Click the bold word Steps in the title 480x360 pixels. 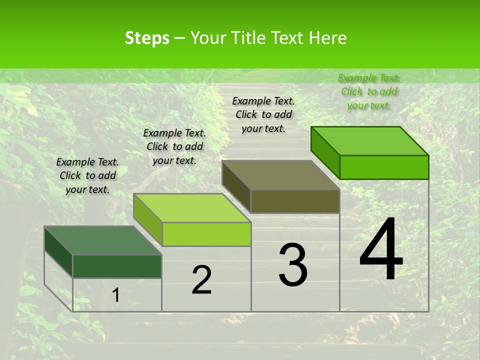pyautogui.click(x=147, y=38)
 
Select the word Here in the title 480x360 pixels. pyautogui.click(x=328, y=38)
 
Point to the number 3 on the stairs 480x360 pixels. pyautogui.click(x=293, y=265)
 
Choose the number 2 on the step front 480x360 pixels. pyautogui.click(x=201, y=280)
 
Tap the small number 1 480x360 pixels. pyautogui.click(x=116, y=295)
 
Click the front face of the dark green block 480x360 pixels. pyautogui.click(x=117, y=266)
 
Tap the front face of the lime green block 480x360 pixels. pyautogui.click(x=206, y=234)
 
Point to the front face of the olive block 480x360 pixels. pyautogui.click(x=295, y=201)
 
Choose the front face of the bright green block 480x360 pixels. pyautogui.click(x=384, y=167)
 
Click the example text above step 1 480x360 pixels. pyautogui.click(x=88, y=175)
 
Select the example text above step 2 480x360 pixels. pyautogui.click(x=174, y=146)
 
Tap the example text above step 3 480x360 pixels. pyautogui.click(x=263, y=114)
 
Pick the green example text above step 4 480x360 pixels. pyautogui.click(x=369, y=91)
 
